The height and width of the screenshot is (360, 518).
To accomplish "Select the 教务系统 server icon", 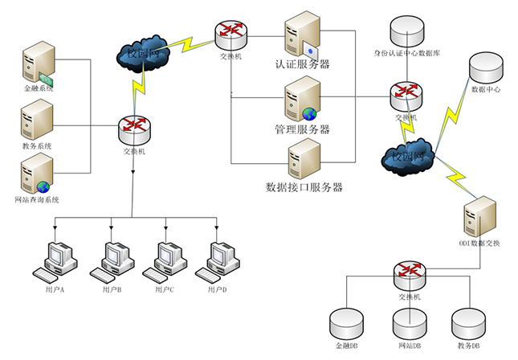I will [x=37, y=118].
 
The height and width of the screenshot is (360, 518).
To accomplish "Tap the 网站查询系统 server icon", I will [x=37, y=175].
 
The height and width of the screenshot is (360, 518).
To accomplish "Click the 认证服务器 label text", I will [x=303, y=64].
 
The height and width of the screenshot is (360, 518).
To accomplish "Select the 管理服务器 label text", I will [x=303, y=129].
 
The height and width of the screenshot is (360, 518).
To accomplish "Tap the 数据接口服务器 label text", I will [x=304, y=187].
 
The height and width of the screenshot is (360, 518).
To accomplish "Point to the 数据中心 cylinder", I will [x=486, y=67].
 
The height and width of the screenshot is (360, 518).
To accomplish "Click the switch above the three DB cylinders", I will [x=408, y=274].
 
